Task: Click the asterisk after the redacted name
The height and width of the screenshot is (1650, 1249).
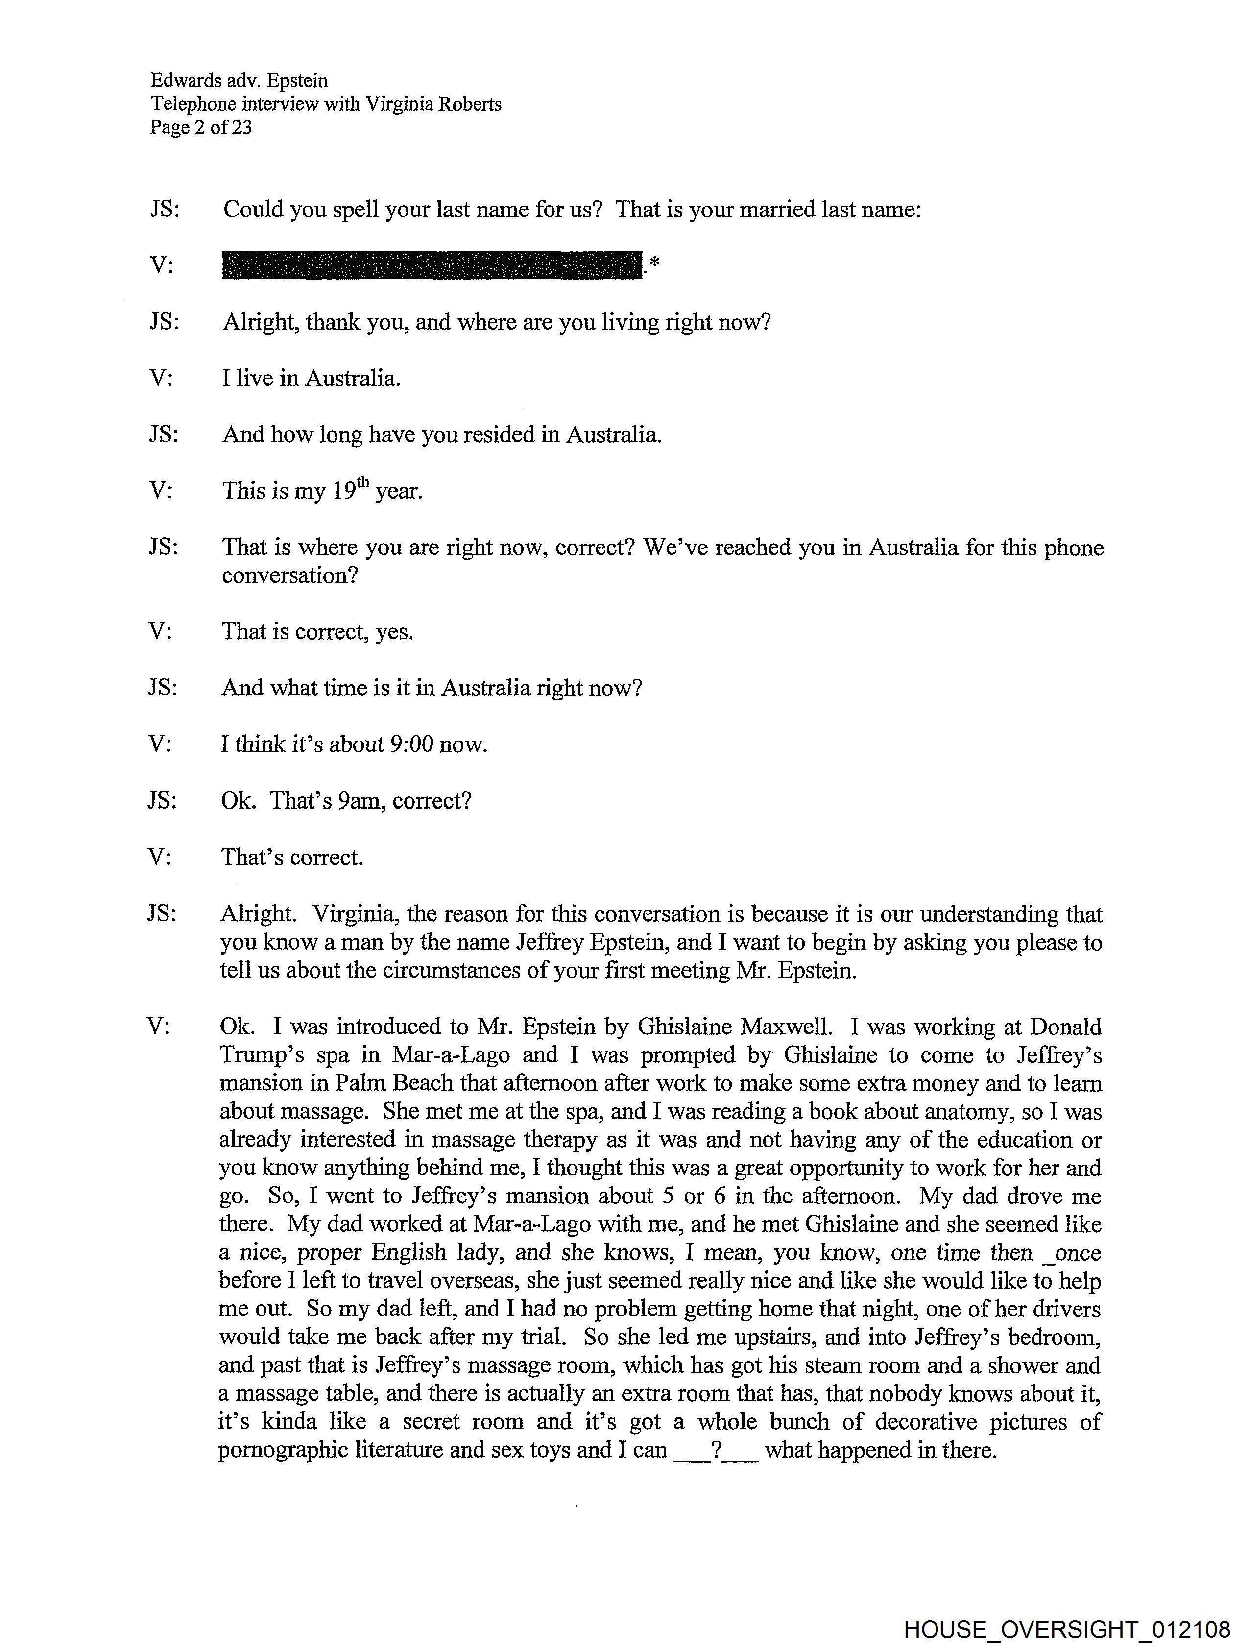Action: click(x=654, y=263)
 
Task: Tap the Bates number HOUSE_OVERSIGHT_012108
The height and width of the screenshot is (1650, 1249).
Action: click(x=1067, y=1628)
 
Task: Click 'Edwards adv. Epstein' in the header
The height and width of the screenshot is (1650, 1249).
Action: click(x=239, y=80)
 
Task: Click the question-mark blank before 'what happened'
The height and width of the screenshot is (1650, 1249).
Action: click(x=716, y=1450)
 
